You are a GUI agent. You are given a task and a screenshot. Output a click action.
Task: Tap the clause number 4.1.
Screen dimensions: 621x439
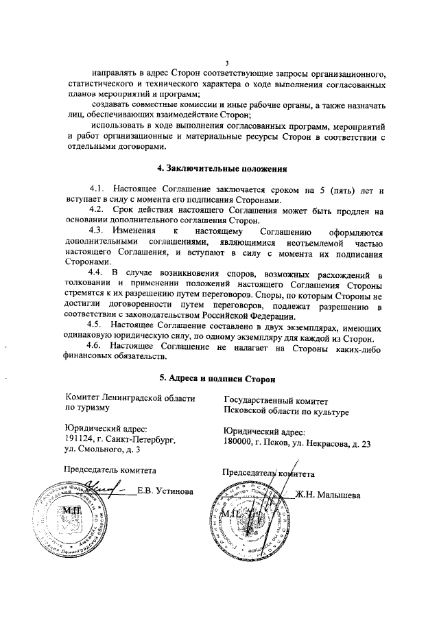97,188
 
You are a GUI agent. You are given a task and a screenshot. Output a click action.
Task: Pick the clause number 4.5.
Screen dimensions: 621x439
97,327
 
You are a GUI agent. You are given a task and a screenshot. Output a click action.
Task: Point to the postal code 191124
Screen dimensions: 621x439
78,438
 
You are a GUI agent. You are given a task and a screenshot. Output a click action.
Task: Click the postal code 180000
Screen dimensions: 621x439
239,443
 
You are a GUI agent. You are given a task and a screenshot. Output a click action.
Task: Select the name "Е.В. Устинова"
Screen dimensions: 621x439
165,491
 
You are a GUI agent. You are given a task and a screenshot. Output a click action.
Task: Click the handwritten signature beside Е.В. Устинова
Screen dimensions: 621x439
100,489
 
